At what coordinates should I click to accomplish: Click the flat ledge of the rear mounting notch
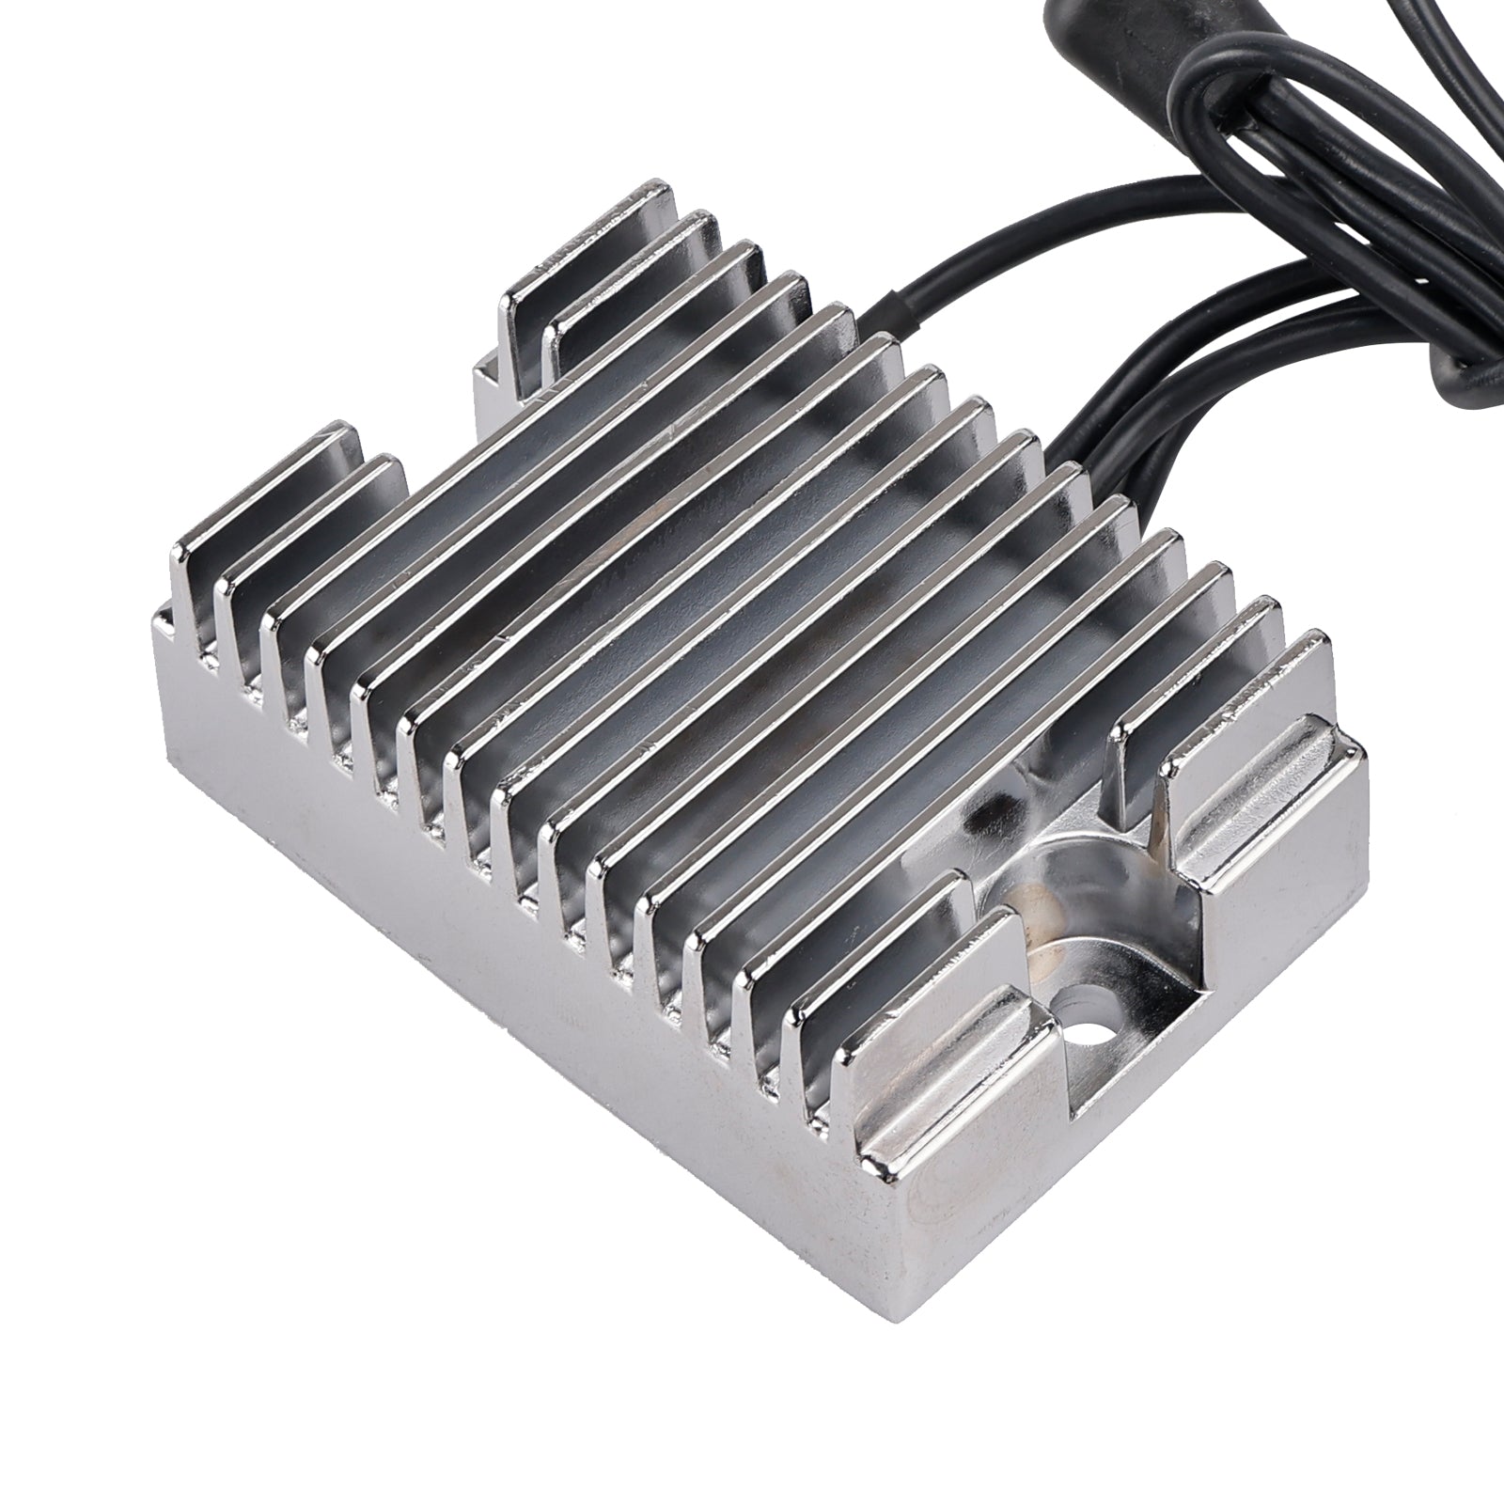click(489, 385)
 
